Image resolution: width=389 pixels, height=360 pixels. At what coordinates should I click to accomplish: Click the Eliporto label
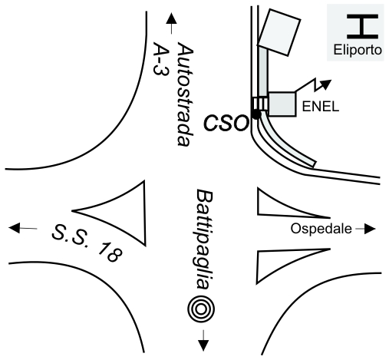[x=358, y=50]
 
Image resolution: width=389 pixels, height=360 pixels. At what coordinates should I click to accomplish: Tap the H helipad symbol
[x=362, y=26]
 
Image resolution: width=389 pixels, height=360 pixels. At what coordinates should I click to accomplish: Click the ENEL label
[x=321, y=106]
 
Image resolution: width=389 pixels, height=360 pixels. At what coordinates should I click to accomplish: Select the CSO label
[x=226, y=124]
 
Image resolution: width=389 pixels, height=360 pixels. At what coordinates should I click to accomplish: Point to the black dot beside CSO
[x=256, y=114]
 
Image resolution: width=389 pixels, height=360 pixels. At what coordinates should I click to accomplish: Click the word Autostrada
[x=185, y=94]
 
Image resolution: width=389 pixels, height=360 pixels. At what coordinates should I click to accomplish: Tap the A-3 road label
[x=161, y=58]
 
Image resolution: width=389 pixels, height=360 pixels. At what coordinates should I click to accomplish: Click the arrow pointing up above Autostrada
[x=171, y=24]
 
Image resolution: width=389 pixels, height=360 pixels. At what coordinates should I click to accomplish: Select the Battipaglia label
[x=204, y=240]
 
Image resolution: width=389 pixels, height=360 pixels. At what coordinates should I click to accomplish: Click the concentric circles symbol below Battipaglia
[x=201, y=309]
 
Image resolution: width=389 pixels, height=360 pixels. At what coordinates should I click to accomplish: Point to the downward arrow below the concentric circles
[x=203, y=341]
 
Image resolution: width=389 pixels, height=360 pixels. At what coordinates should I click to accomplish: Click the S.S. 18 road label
[x=87, y=243]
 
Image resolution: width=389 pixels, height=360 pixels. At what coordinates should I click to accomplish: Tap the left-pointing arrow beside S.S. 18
[x=23, y=228]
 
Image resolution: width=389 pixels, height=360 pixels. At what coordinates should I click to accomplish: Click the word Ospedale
[x=321, y=229]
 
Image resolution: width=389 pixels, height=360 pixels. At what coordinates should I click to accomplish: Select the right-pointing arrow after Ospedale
[x=365, y=229]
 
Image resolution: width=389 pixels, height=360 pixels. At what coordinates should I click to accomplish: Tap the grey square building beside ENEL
[x=282, y=104]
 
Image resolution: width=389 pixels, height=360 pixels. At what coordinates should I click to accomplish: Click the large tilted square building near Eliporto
[x=279, y=32]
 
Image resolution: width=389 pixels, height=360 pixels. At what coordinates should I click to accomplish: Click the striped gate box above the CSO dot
[x=260, y=104]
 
